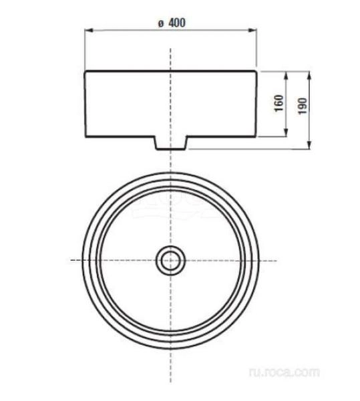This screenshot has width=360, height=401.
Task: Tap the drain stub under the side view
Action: pyautogui.click(x=171, y=142)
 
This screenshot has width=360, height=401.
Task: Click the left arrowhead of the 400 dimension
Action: pyautogui.click(x=87, y=30)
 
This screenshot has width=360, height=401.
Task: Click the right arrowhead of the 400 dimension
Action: pyautogui.click(x=254, y=30)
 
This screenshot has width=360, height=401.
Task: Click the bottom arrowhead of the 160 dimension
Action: pyautogui.click(x=287, y=134)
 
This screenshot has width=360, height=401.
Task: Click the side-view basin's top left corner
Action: pyautogui.click(x=85, y=70)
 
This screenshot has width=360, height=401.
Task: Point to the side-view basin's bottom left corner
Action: pyautogui.click(x=85, y=137)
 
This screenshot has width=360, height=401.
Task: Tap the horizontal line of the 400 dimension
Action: pyautogui.click(x=134, y=30)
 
